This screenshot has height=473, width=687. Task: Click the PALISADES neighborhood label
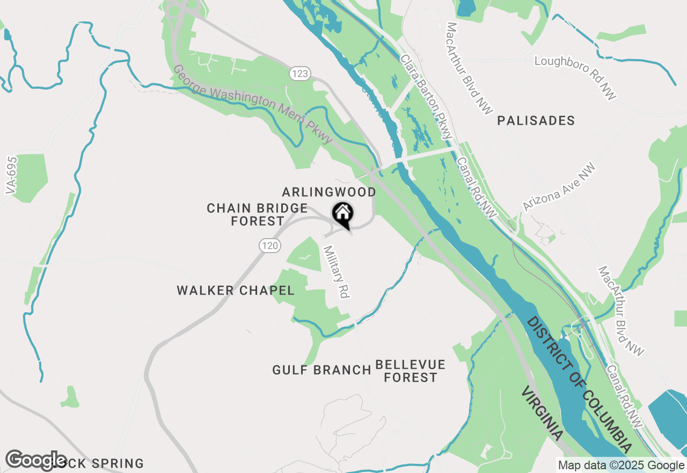tap(536, 121)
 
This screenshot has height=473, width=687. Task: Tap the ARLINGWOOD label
tap(328, 192)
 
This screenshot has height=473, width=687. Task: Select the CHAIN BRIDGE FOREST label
tap(258, 214)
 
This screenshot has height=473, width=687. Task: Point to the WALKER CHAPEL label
tap(236, 291)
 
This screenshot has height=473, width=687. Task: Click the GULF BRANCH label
tap(321, 370)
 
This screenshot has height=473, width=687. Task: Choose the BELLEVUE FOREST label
tap(411, 371)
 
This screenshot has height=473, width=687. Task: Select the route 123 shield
tap(301, 74)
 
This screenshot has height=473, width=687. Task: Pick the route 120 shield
tap(269, 246)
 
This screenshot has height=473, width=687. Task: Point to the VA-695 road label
tap(10, 175)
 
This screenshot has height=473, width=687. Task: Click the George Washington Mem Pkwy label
tap(252, 105)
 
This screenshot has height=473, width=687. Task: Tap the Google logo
tap(36, 460)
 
